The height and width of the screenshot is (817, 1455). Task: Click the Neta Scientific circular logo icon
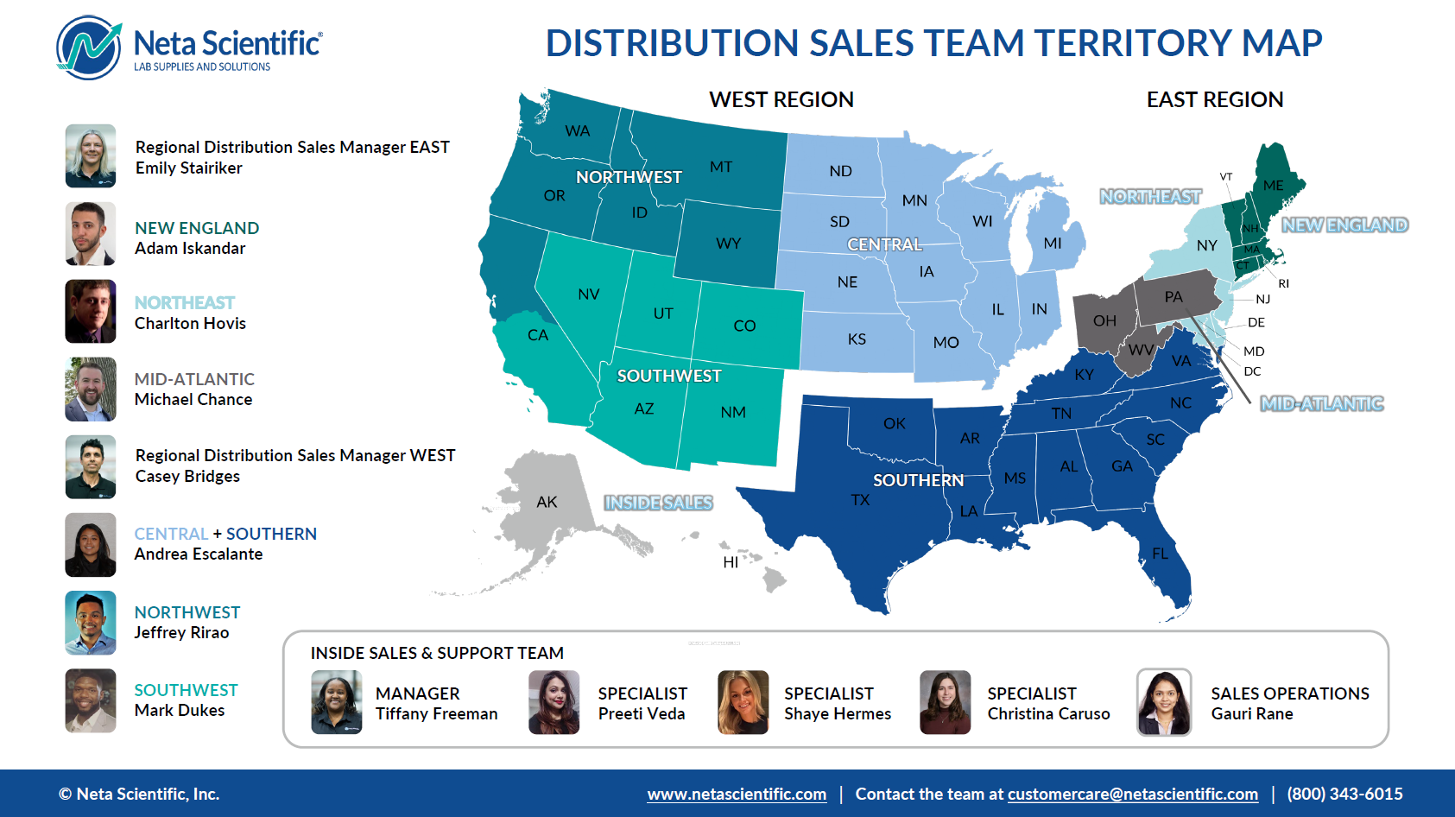click(89, 47)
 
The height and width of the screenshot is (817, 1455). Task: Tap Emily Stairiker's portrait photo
click(91, 155)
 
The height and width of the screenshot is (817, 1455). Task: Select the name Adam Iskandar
click(190, 248)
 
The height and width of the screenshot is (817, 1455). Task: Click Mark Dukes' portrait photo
click(91, 700)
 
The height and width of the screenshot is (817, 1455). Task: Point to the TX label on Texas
click(860, 499)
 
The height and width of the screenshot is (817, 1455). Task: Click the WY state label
click(728, 244)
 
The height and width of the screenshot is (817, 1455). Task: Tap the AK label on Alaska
click(547, 502)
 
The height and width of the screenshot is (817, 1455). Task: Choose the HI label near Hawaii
click(731, 562)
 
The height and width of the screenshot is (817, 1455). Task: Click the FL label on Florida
click(1160, 554)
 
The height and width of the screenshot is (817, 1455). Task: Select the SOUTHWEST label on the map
click(669, 376)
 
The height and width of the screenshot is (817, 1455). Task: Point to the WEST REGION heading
click(781, 99)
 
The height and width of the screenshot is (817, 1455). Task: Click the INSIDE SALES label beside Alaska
click(658, 503)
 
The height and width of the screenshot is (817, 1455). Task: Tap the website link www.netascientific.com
click(737, 794)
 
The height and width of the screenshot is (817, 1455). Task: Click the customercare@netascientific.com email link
click(1133, 794)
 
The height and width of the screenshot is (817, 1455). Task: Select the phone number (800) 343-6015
click(1344, 794)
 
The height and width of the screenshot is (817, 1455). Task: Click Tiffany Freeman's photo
click(337, 702)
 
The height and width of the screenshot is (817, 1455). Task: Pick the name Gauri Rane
click(1252, 713)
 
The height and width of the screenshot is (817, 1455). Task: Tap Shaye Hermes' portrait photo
click(743, 702)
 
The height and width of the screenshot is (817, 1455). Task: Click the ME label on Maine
click(1273, 186)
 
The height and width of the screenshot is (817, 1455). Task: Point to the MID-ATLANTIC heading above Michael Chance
click(194, 379)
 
